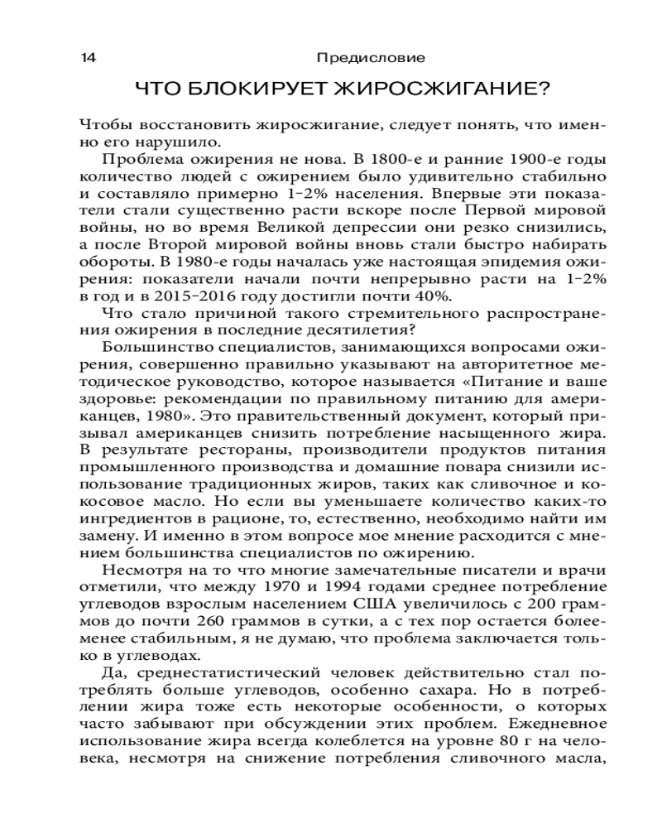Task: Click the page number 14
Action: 88,58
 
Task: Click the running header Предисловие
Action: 371,58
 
